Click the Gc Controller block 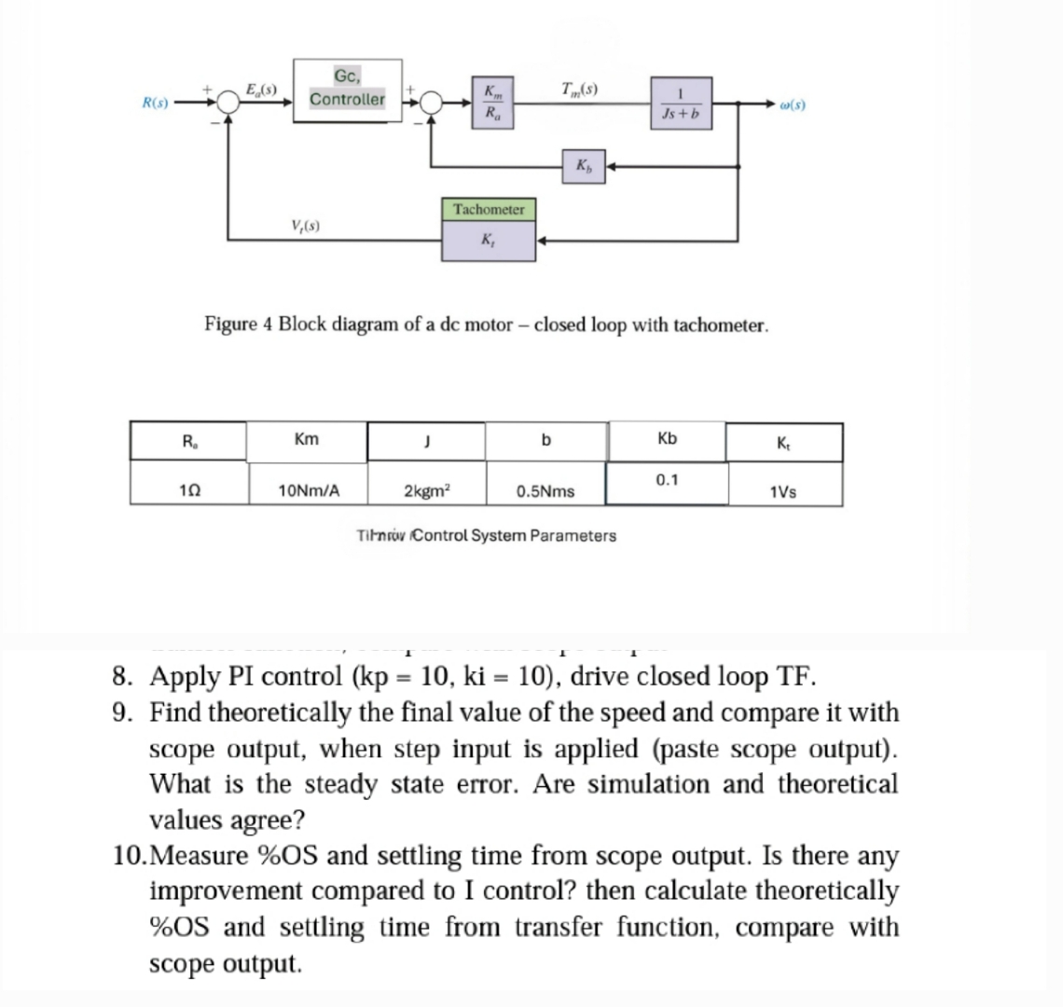(347, 89)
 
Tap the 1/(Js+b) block (683, 103)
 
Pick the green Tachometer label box (489, 209)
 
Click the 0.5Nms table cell (545, 490)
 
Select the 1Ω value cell (189, 490)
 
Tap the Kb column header (668, 438)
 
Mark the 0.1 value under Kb (668, 480)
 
